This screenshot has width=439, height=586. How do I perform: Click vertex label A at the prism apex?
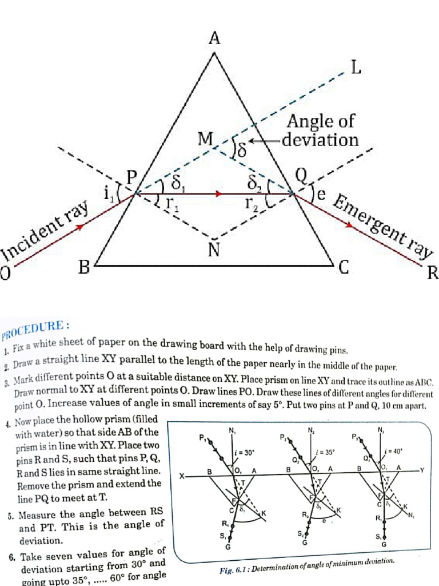pyautogui.click(x=214, y=39)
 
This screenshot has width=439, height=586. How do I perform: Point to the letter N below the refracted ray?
pyautogui.click(x=214, y=250)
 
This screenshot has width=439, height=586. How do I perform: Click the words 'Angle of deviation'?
pyautogui.click(x=322, y=130)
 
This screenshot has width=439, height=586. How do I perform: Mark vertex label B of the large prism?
pyautogui.click(x=84, y=267)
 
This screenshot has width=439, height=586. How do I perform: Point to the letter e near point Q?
pyautogui.click(x=321, y=195)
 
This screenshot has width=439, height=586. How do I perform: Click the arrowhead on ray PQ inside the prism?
pyautogui.click(x=218, y=195)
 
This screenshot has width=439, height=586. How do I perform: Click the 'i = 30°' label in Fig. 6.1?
pyautogui.click(x=244, y=453)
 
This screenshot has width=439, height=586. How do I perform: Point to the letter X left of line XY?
pyautogui.click(x=182, y=476)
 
